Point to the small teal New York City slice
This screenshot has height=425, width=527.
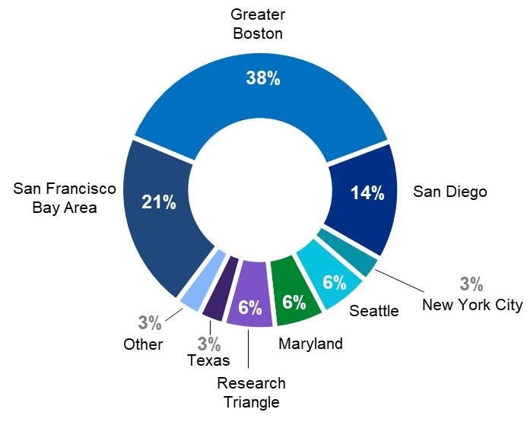point(357,256)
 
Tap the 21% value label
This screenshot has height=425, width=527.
point(159,202)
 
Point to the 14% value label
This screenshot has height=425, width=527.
point(367,193)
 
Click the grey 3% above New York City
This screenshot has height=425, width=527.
point(471,284)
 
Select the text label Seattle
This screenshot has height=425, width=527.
point(373,310)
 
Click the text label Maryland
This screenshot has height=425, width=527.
point(310,344)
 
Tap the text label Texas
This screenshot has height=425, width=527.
point(208,360)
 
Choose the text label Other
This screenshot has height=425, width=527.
point(143,344)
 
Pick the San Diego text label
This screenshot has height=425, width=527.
point(449,192)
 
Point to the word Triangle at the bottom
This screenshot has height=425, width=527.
point(251,402)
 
